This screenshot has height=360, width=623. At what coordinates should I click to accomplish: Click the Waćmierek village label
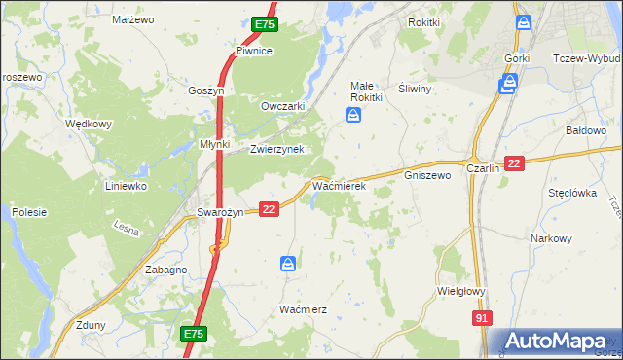click(x=338, y=185)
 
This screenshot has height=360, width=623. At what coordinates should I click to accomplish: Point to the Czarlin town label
click(x=483, y=168)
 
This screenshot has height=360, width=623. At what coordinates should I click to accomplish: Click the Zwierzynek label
click(x=277, y=149)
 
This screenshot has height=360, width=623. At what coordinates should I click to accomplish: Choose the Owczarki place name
click(x=283, y=106)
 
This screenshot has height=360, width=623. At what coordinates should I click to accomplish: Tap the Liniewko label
click(x=126, y=185)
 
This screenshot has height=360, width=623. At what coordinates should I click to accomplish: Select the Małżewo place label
click(x=133, y=19)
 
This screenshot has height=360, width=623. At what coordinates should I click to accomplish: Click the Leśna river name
click(x=127, y=230)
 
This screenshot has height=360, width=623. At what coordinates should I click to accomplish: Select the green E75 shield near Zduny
click(x=193, y=334)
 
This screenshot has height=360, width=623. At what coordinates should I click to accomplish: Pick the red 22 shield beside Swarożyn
click(x=270, y=208)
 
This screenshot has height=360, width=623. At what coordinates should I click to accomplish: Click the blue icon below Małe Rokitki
click(x=352, y=117)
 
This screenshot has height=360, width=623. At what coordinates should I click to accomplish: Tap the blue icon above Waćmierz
click(x=288, y=264)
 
